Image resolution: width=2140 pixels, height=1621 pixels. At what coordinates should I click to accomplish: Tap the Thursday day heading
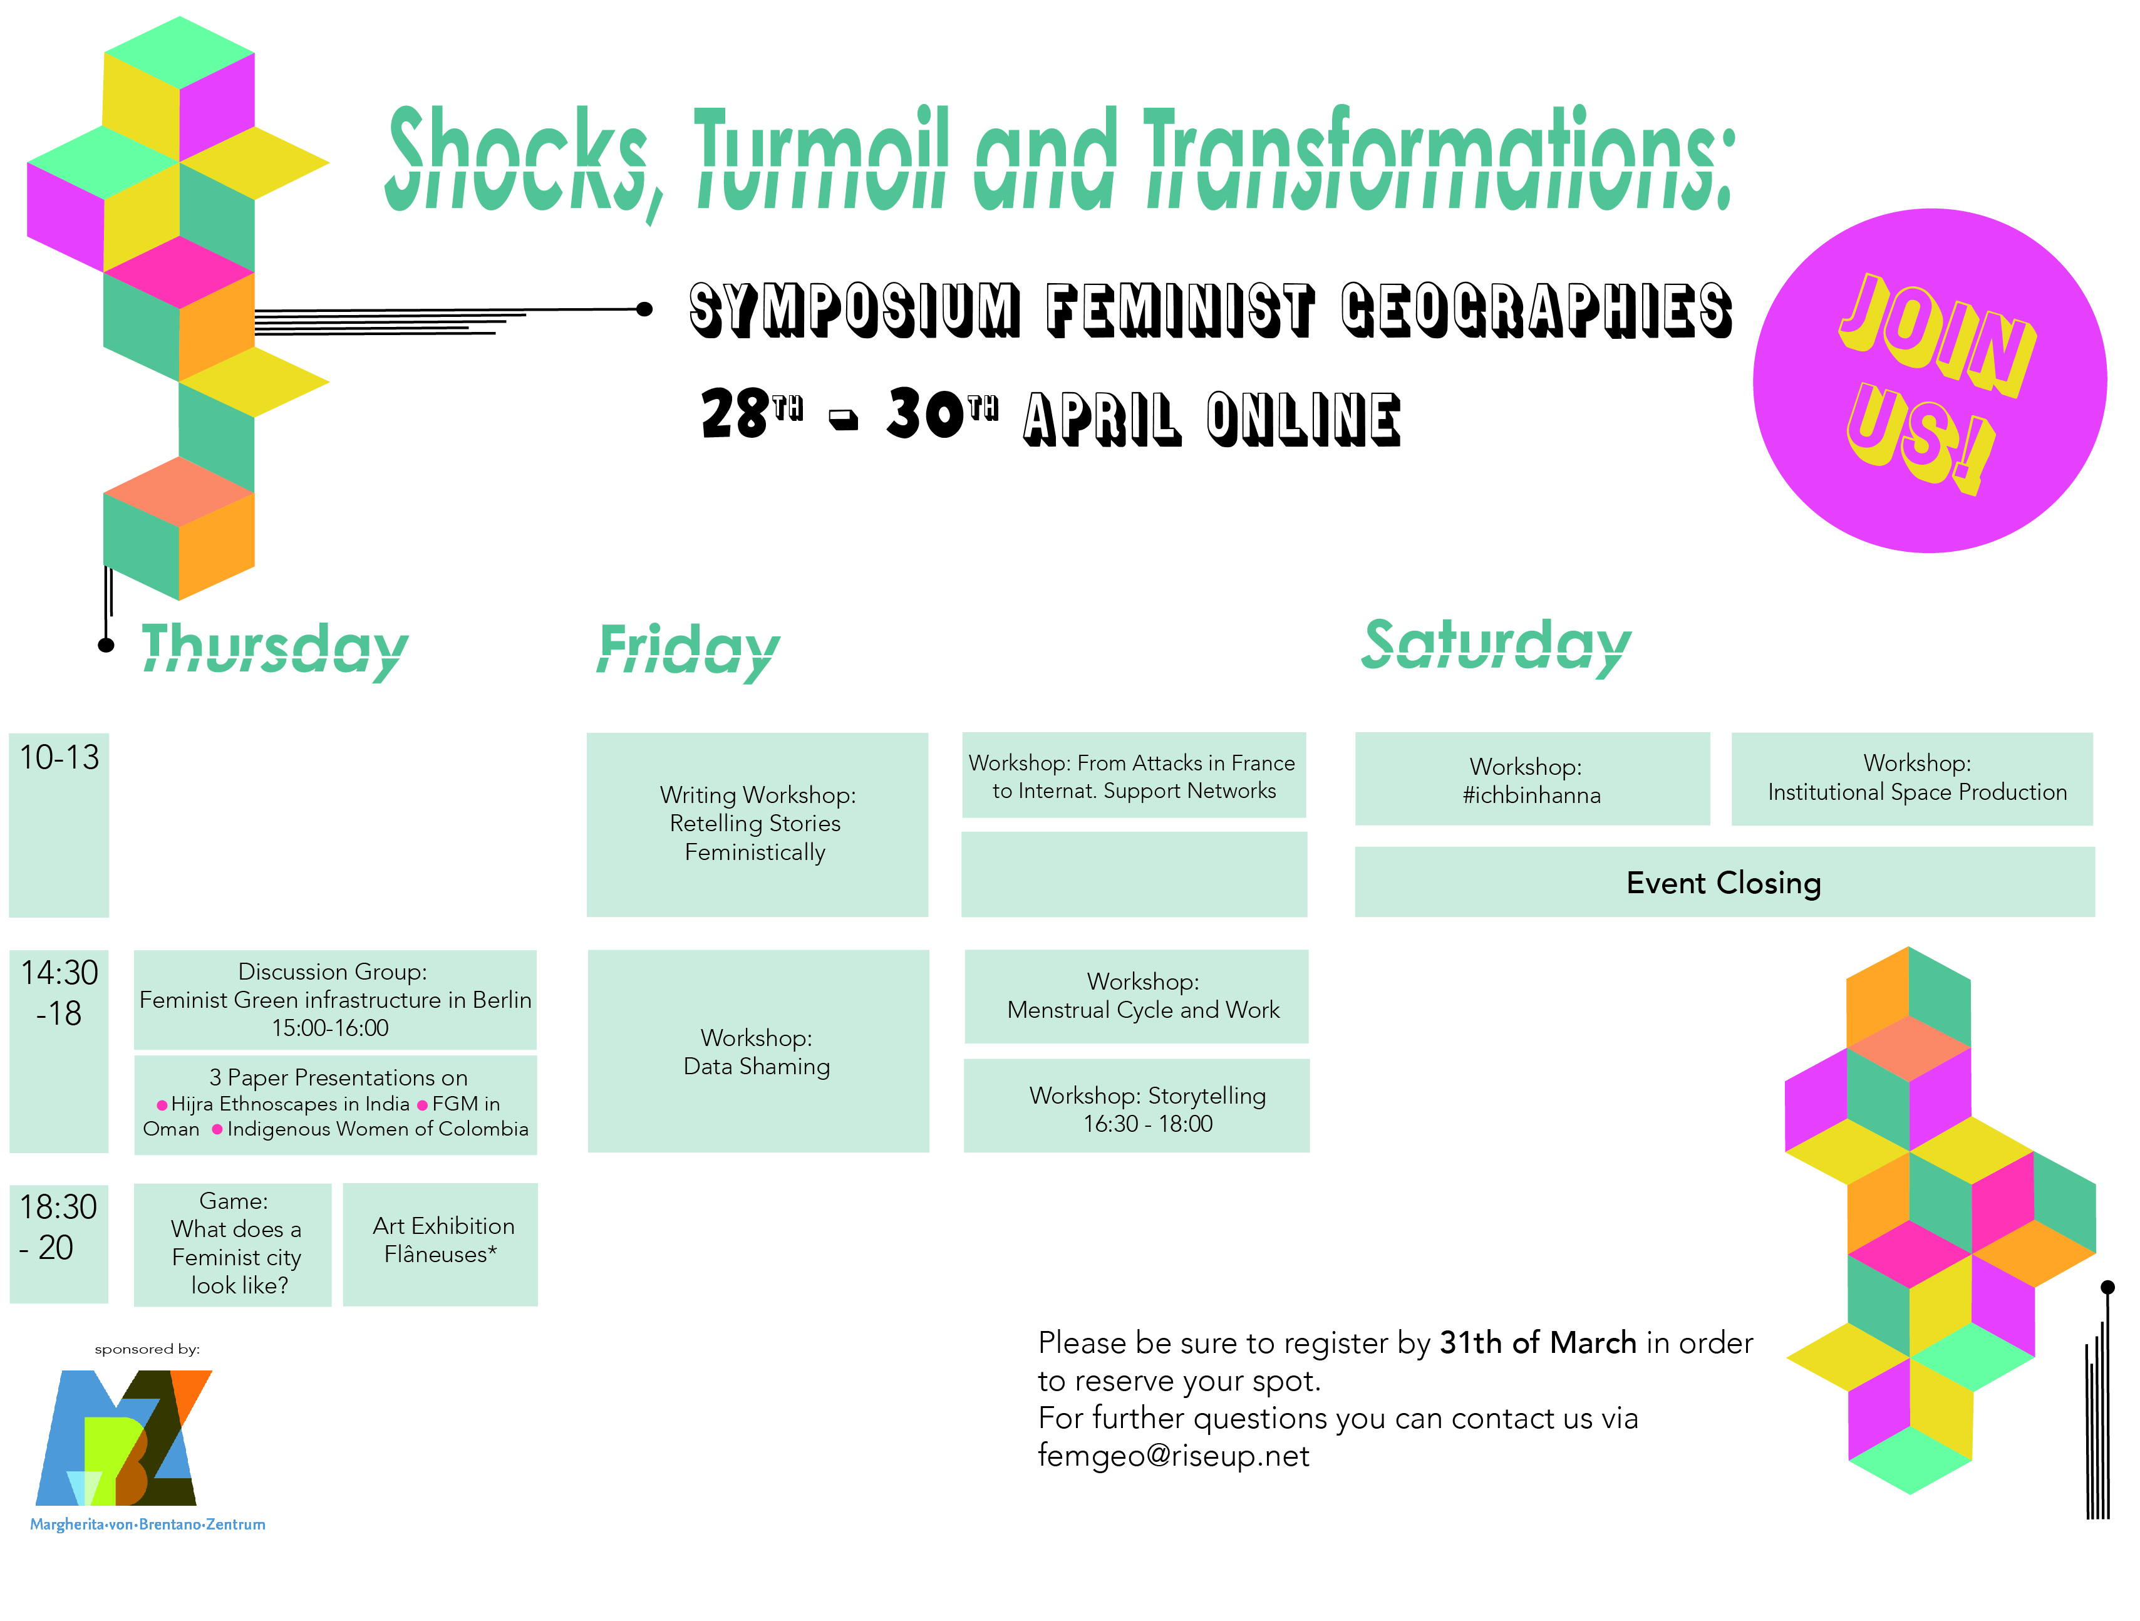click(275, 650)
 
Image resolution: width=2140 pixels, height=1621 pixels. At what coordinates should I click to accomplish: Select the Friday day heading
click(689, 650)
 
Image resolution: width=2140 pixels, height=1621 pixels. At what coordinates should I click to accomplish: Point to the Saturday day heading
click(1496, 646)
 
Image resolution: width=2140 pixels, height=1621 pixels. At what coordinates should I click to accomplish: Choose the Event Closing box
click(1724, 882)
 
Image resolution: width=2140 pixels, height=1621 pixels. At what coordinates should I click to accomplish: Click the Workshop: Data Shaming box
click(758, 1051)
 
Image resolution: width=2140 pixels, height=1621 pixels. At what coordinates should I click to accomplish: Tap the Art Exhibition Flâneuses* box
click(440, 1245)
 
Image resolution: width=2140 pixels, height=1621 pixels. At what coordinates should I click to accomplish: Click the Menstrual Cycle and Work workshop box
click(1137, 996)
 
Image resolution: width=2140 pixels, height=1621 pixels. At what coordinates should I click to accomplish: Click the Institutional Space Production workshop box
click(1911, 779)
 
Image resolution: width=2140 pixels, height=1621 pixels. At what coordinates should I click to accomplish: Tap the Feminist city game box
click(232, 1245)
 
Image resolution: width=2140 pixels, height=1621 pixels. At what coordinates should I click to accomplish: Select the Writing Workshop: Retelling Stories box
click(758, 824)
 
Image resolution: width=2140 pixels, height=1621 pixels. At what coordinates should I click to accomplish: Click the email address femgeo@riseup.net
click(1174, 1456)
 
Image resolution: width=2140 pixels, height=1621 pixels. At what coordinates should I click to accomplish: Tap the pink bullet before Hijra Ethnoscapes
click(162, 1105)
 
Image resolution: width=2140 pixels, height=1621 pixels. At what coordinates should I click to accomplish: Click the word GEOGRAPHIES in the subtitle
click(1536, 309)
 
